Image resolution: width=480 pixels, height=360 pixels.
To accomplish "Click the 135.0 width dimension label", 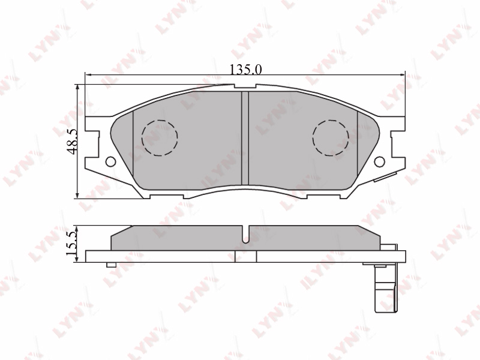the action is [x=246, y=70].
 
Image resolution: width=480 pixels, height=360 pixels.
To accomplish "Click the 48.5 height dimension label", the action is [x=72, y=141].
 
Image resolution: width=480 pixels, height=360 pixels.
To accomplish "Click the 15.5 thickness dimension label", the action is [x=71, y=244].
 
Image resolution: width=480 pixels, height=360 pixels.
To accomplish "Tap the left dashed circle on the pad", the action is [x=160, y=137].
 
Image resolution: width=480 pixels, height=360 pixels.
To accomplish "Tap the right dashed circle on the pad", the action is [x=331, y=137].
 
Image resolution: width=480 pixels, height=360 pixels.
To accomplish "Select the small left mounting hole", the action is [x=110, y=161].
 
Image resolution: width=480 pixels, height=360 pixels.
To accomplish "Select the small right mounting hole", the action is [x=380, y=161].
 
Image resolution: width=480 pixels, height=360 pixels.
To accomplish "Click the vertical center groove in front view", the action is [x=245, y=139].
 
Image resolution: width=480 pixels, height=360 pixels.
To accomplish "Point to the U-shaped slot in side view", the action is [x=245, y=235].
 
